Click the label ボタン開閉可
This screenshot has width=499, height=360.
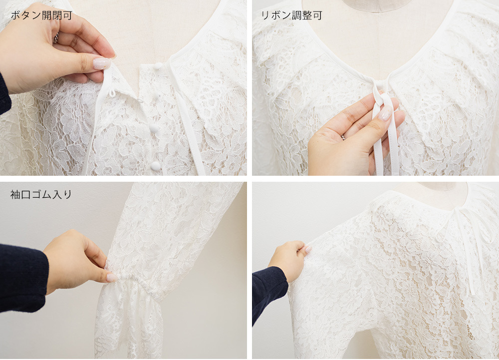click(41, 15)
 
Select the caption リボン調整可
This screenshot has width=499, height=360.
click(292, 15)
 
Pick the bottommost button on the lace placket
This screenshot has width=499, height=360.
click(156, 165)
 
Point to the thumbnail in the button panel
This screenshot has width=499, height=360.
click(101, 63)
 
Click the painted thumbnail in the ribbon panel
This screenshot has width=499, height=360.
click(385, 113)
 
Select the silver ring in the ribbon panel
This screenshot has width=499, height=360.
click(343, 136)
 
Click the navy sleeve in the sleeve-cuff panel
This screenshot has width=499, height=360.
click(22, 277)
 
